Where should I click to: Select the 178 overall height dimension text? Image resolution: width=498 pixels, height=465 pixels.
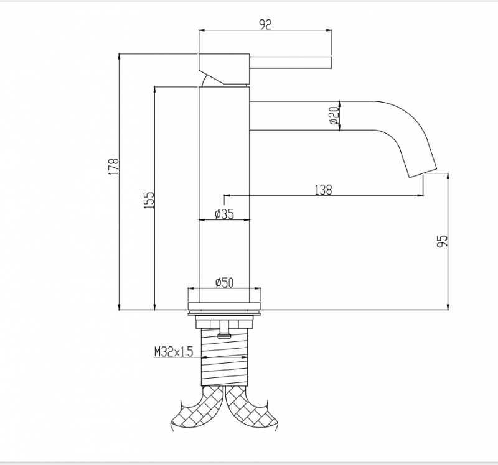113,167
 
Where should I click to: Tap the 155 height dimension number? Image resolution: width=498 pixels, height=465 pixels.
149,200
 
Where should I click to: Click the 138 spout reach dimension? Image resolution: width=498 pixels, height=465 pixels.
323,190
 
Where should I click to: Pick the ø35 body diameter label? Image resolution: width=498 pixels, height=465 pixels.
223,214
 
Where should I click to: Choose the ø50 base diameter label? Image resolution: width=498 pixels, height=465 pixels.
223,283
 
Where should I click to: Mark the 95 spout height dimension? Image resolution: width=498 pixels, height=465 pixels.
443,242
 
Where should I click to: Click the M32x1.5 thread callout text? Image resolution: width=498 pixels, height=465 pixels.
174,352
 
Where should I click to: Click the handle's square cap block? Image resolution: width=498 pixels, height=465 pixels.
223,67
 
